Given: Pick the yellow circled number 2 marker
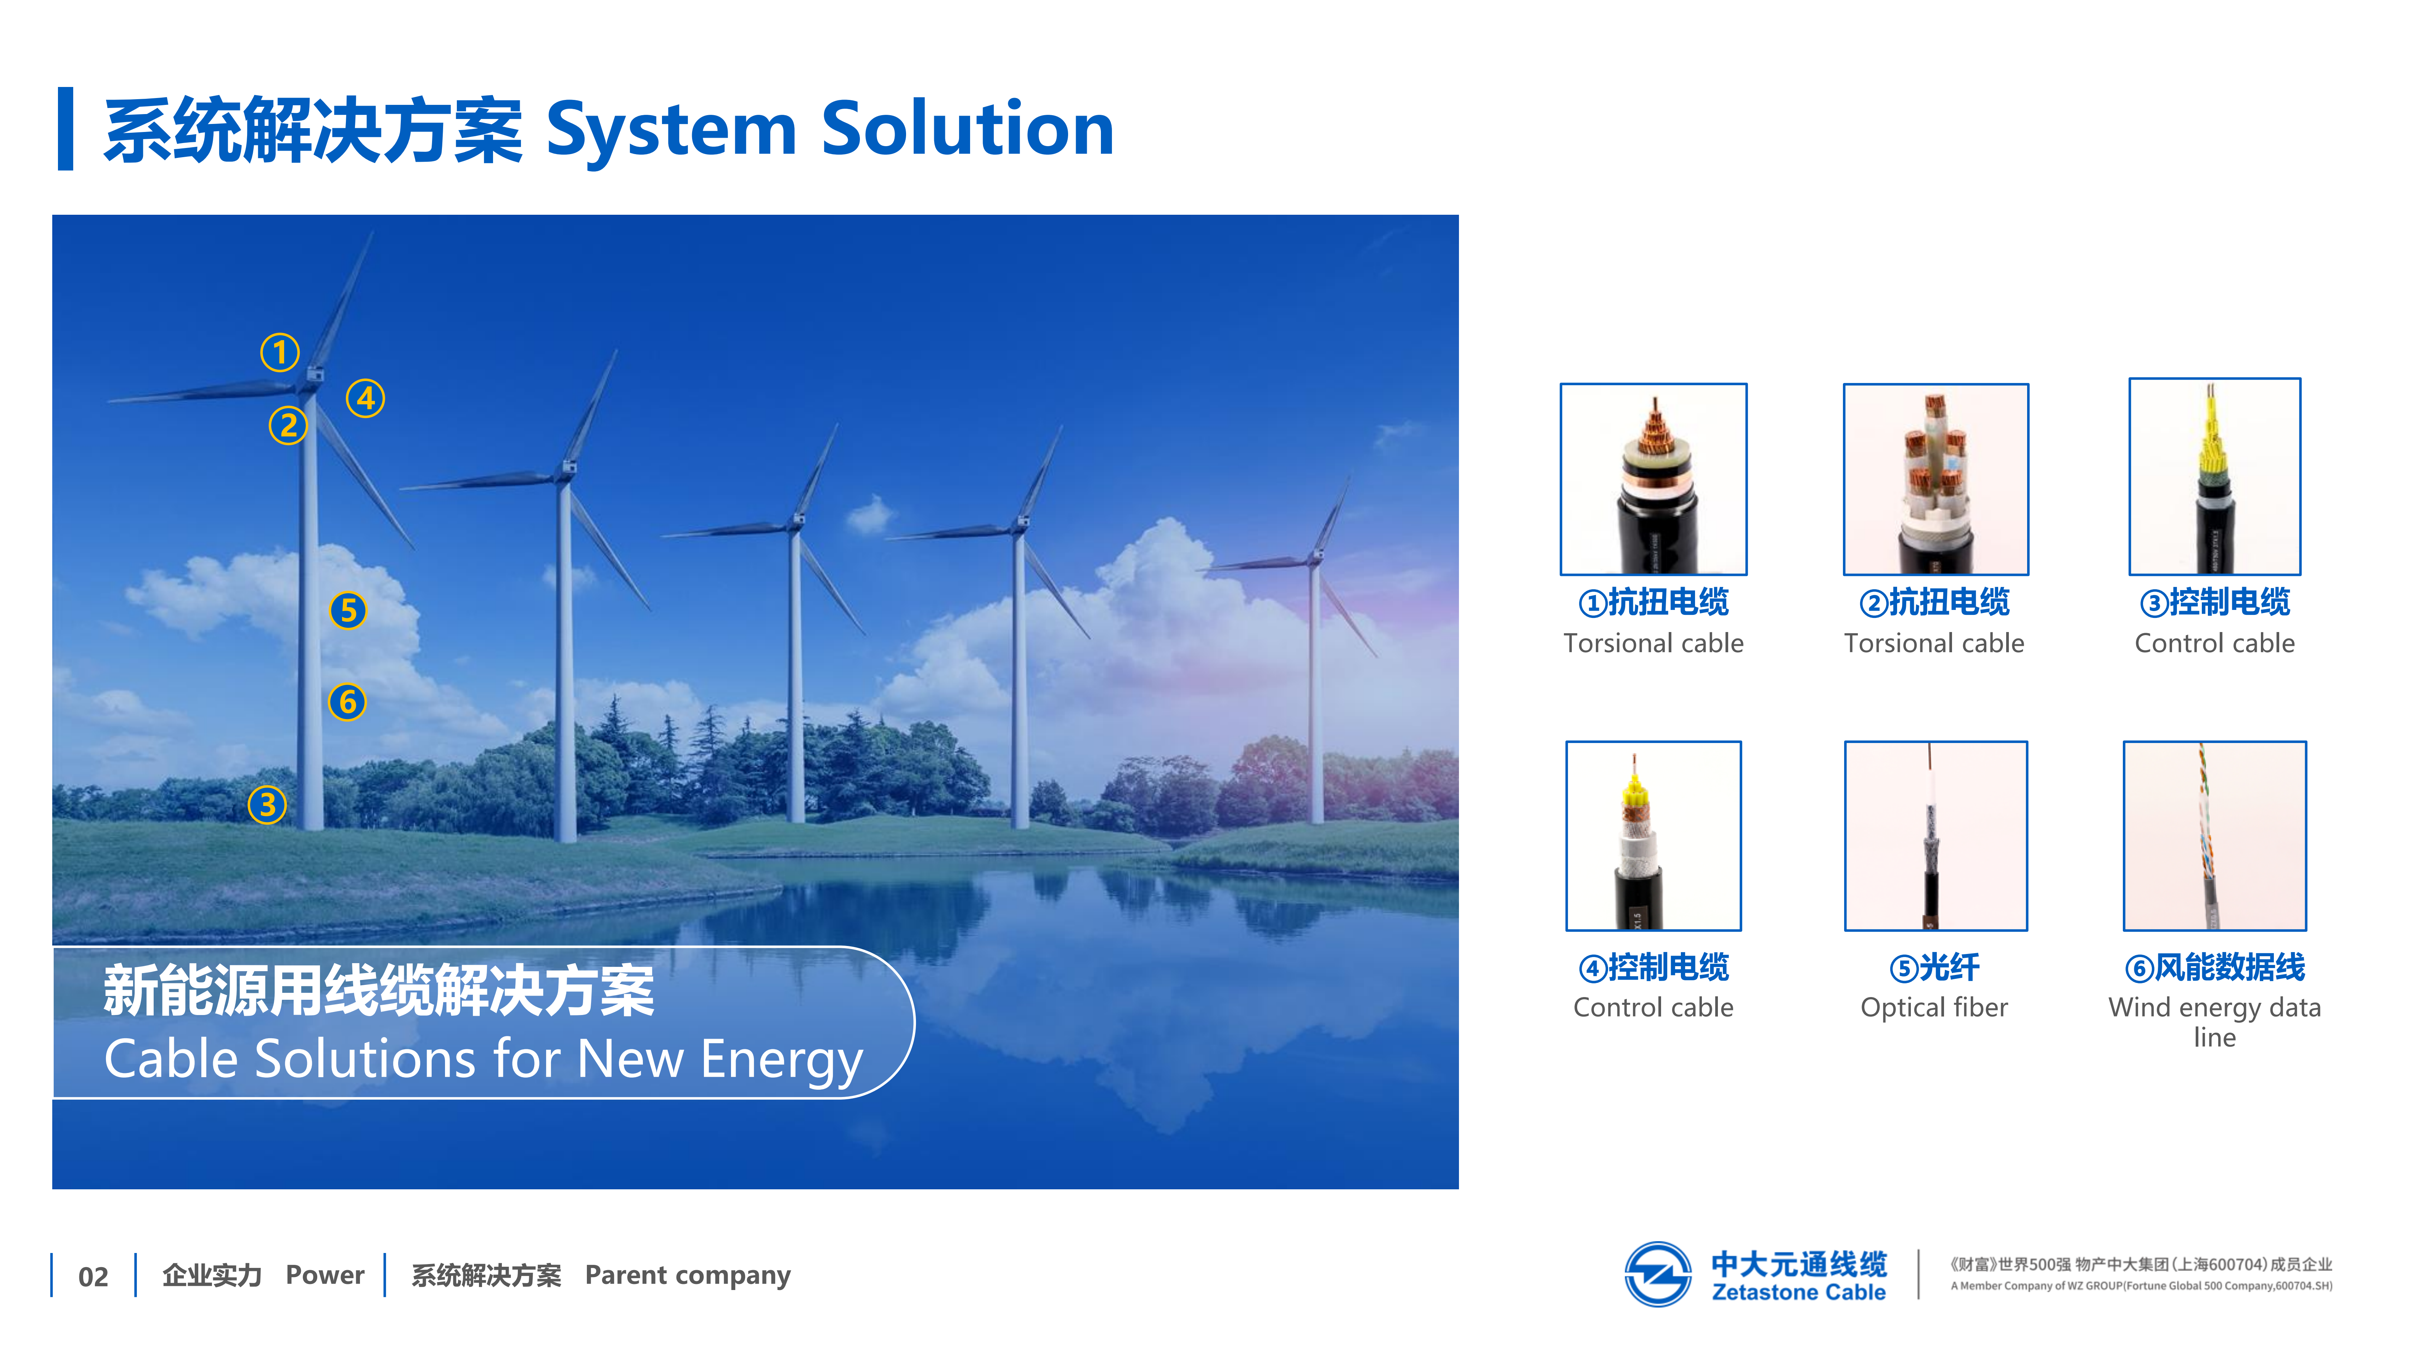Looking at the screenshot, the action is click(x=288, y=426).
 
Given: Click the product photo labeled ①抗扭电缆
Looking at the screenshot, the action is click(x=1653, y=479).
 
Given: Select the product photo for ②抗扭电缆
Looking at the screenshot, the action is click(x=1936, y=479).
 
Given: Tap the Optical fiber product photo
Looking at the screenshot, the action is click(x=1936, y=836).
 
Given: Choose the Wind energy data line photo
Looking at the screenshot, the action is click(x=2214, y=836).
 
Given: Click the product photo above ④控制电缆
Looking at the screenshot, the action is click(x=1653, y=836).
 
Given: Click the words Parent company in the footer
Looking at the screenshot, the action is click(x=688, y=1276).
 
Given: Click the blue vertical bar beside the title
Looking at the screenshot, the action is click(x=66, y=129).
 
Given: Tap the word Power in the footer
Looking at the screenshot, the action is click(x=325, y=1275).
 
